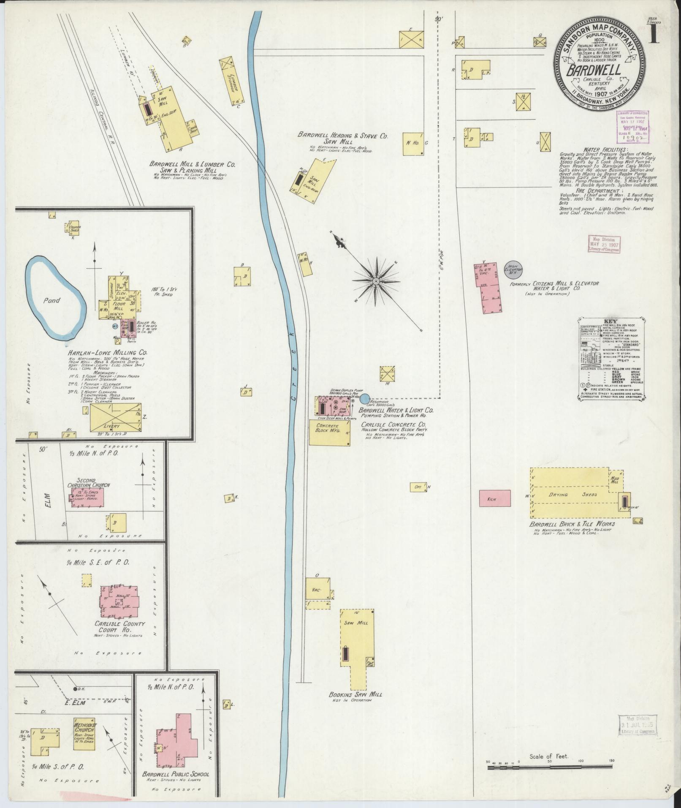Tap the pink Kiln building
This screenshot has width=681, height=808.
coord(494,498)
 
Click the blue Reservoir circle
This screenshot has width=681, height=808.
coord(365,397)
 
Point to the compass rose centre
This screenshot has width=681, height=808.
coord(375,280)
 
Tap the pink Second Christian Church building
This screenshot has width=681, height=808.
coord(87,497)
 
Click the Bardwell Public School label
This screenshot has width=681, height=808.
coord(175,774)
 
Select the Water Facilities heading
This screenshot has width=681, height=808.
coord(606,150)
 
